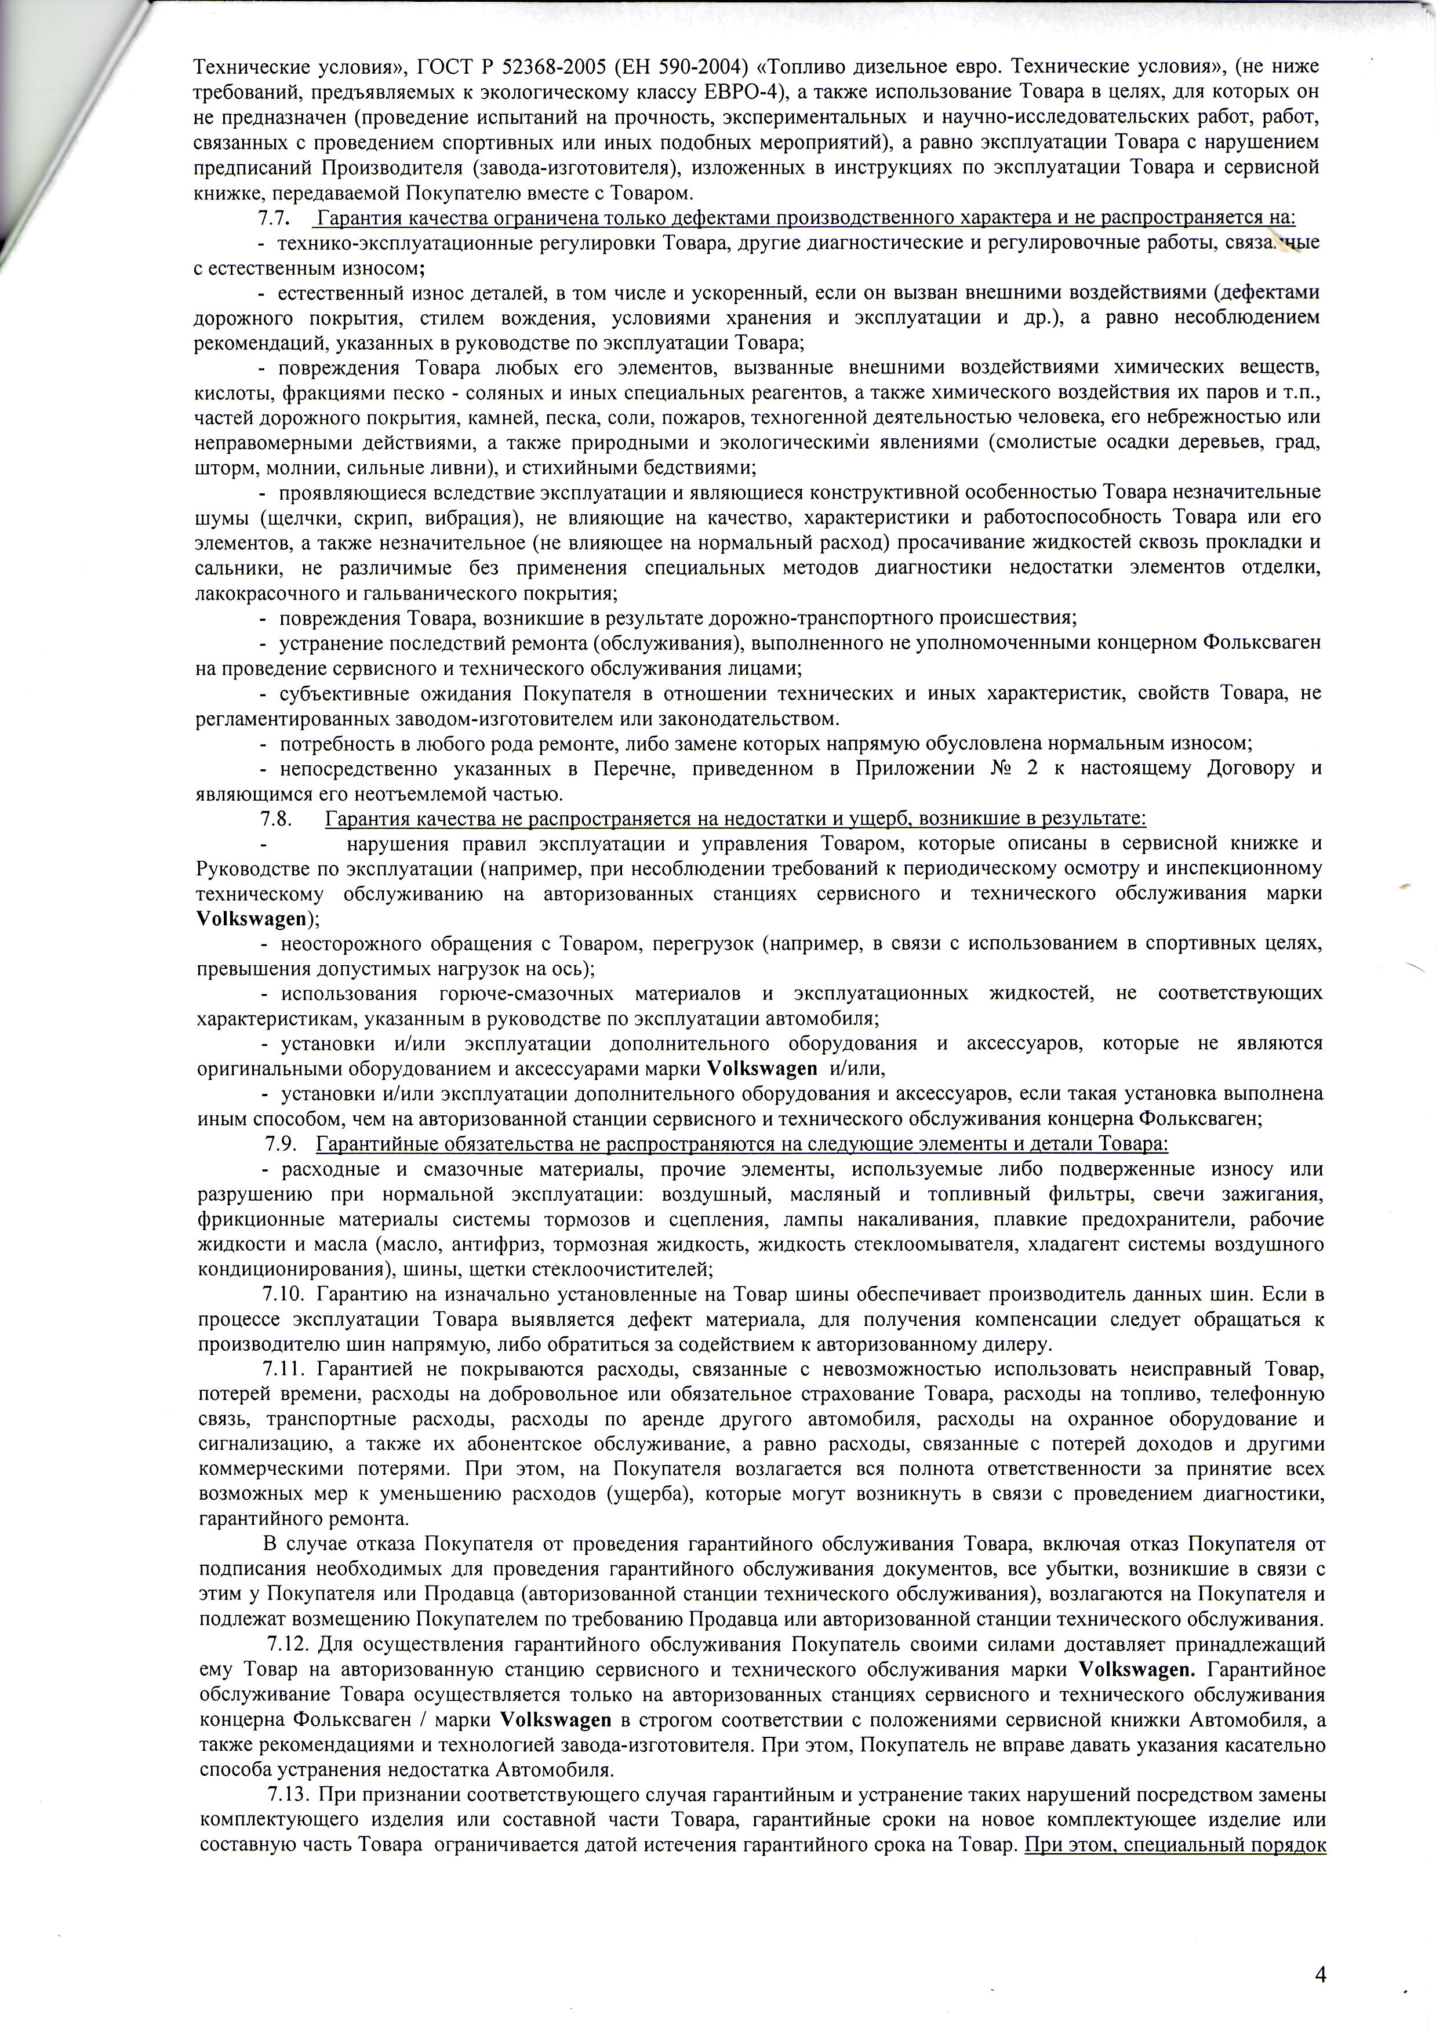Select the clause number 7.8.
[276, 818]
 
